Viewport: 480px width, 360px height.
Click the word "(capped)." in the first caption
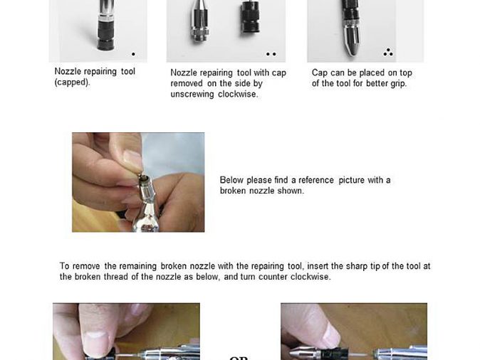[x=72, y=83]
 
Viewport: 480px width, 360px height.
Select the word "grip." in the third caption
[x=398, y=84]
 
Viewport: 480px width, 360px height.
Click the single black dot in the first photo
[x=133, y=54]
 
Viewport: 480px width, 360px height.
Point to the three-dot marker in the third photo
[x=388, y=53]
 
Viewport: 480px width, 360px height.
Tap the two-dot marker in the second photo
[x=271, y=54]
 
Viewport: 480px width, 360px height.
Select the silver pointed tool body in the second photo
[x=200, y=21]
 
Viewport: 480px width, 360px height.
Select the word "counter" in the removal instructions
[x=273, y=277]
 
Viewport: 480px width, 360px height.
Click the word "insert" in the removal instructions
[x=317, y=266]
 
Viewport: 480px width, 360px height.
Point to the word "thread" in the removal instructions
[x=115, y=277]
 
